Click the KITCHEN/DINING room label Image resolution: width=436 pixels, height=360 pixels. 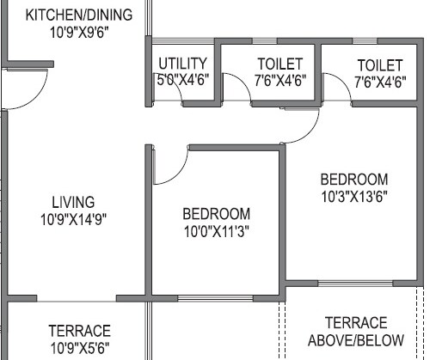tap(79, 15)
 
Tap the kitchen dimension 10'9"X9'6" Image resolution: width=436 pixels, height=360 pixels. tap(79, 33)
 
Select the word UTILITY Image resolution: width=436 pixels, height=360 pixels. tap(182, 64)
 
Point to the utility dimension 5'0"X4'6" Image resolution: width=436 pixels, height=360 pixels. tap(183, 80)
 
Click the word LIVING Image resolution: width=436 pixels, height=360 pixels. tap(73, 202)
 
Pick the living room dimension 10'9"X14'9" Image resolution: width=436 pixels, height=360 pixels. tap(73, 220)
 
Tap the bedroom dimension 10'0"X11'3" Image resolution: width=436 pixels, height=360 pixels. tap(217, 231)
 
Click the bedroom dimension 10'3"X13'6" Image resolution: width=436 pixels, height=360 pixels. tap(354, 197)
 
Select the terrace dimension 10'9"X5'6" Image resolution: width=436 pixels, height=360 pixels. tap(80, 348)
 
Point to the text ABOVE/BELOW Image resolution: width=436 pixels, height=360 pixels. tap(356, 340)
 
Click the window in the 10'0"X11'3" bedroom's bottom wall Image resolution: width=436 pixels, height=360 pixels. tap(215, 298)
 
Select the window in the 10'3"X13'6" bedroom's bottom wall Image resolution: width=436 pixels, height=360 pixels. tap(355, 284)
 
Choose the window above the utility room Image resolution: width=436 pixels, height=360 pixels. tap(183, 41)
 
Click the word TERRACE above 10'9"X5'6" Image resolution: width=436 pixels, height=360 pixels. tap(80, 331)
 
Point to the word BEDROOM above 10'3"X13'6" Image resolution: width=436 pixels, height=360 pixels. tap(354, 180)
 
